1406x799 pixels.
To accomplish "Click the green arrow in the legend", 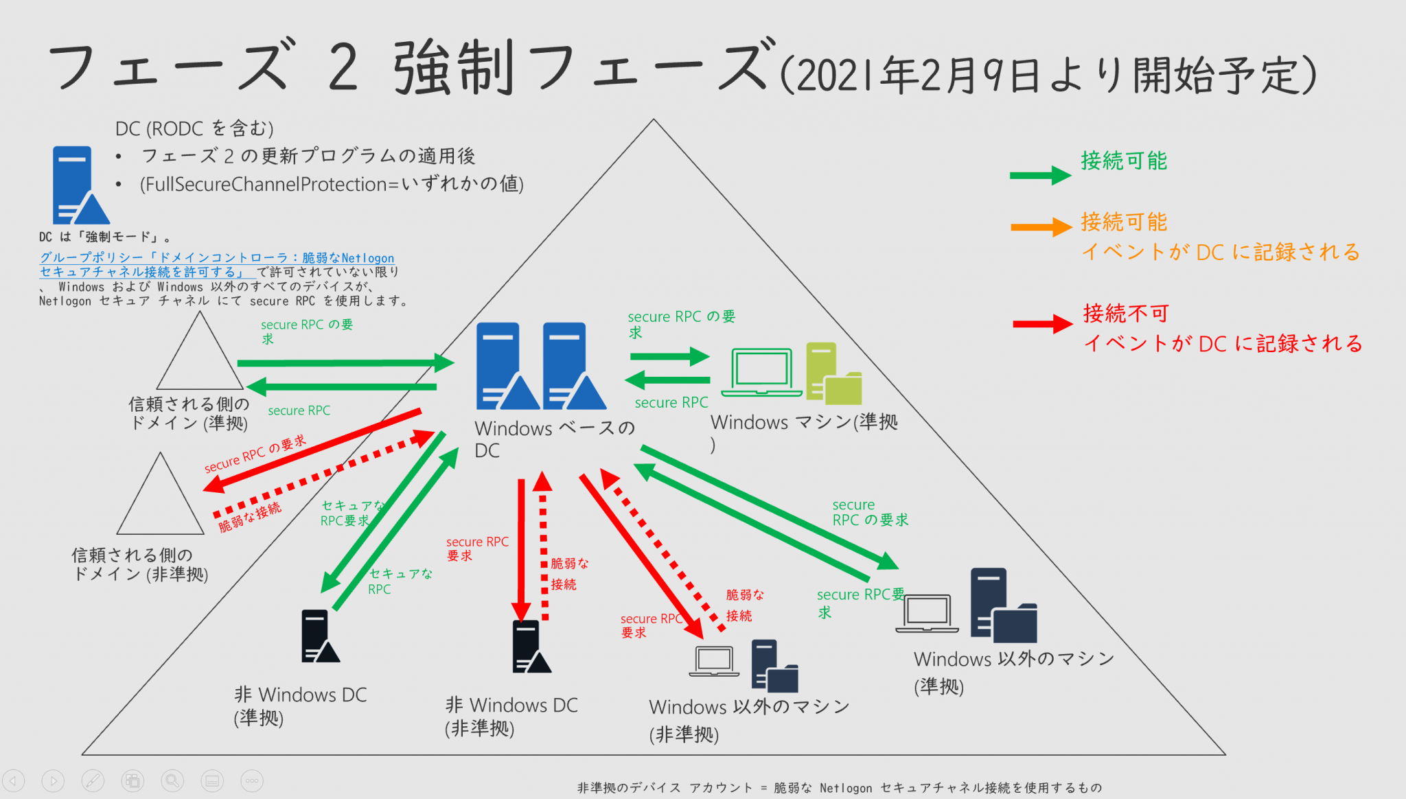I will tap(1039, 176).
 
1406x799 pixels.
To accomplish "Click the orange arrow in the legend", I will tap(1041, 227).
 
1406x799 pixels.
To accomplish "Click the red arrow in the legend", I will tap(1042, 323).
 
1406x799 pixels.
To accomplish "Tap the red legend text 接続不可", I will tap(1126, 314).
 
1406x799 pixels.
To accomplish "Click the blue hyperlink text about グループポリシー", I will tap(216, 264).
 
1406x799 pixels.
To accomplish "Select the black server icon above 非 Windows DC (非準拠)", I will tap(529, 647).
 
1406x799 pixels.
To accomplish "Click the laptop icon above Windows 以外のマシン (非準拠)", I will tap(714, 661).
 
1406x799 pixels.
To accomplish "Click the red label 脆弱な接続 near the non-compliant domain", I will tap(250, 517).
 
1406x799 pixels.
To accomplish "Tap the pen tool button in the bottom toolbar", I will tap(93, 780).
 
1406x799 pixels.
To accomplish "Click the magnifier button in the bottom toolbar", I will tap(172, 780).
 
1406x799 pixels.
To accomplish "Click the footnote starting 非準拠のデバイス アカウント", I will tap(839, 788).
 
